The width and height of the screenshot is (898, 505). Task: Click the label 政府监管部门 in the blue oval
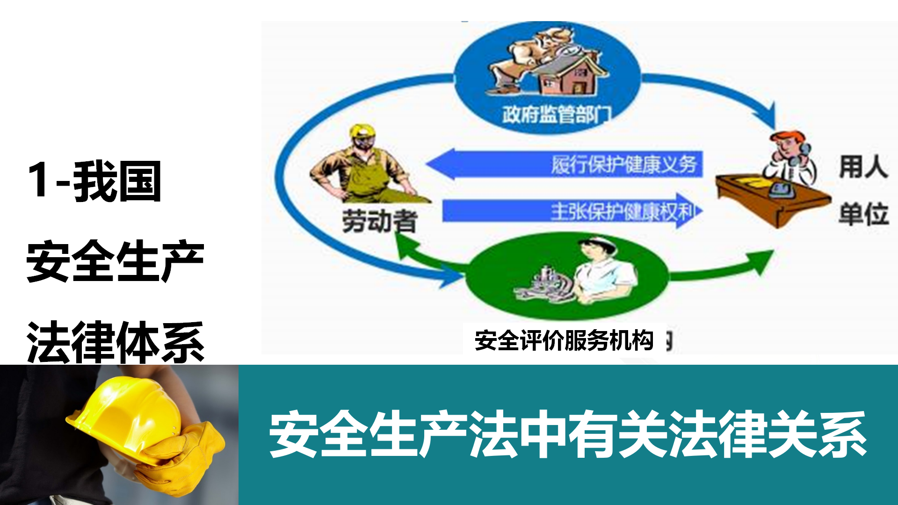[x=557, y=114]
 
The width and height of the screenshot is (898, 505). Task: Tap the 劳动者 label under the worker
[x=379, y=221]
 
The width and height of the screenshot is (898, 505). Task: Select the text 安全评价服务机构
[x=564, y=340]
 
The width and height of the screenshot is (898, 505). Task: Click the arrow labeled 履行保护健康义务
[x=564, y=164]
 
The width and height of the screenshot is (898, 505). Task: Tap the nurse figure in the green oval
[x=603, y=271]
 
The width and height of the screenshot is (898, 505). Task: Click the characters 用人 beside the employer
[x=863, y=167]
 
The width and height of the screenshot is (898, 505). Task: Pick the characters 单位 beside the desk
[x=863, y=215]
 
